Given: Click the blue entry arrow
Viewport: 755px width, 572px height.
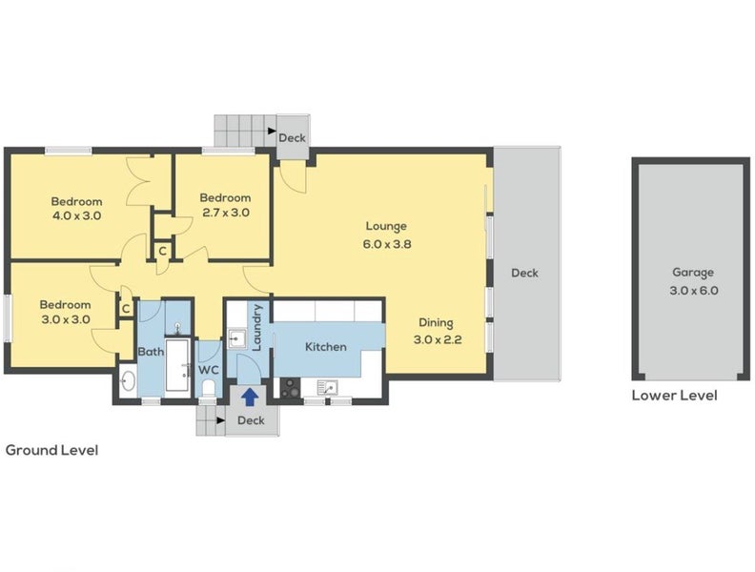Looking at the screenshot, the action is (250, 398).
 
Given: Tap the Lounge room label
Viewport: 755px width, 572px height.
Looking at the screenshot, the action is (386, 226).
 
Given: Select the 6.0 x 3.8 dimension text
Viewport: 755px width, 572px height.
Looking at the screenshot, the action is (387, 244).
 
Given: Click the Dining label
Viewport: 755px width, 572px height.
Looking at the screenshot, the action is (436, 323).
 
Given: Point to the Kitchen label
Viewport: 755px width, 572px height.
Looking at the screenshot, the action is (326, 347).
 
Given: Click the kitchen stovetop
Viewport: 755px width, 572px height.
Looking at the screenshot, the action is (290, 388).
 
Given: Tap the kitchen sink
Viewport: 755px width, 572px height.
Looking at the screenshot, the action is (327, 387).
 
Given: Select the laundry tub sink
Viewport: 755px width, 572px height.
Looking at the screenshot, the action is (236, 338).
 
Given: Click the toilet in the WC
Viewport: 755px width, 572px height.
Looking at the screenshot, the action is (209, 388).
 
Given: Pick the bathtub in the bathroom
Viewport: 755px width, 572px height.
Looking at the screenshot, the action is (177, 364).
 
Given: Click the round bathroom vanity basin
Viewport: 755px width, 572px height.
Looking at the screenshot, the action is (128, 381).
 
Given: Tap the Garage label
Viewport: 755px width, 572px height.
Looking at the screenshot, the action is (693, 273).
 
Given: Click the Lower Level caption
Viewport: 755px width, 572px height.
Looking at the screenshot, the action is (675, 396).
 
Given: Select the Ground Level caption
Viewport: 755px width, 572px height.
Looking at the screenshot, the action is (52, 451).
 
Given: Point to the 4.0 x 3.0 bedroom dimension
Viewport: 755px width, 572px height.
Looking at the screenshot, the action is (76, 215).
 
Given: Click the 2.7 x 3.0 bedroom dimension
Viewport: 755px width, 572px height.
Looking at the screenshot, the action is (226, 213).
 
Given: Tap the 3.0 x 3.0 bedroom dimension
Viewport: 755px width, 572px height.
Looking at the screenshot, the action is (66, 319).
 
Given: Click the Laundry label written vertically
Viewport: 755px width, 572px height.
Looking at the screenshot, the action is (256, 328).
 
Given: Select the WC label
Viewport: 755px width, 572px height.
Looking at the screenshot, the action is (209, 370).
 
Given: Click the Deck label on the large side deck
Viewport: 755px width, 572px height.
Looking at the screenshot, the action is (524, 273).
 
